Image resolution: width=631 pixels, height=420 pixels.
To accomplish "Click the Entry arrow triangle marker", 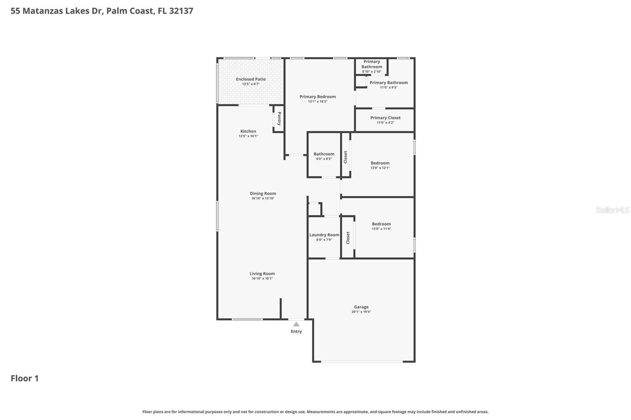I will tap(296, 324).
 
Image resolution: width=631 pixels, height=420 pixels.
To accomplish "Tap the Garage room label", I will tap(361, 307).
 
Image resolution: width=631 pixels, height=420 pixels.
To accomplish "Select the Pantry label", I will tap(279, 119).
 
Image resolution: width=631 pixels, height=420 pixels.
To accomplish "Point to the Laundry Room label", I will tap(324, 235).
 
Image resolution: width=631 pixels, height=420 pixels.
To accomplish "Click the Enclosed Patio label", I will tap(251, 79).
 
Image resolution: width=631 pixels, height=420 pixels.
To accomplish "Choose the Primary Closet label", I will tap(385, 118).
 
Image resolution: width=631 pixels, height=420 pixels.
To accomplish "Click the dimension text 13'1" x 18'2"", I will tap(317, 102).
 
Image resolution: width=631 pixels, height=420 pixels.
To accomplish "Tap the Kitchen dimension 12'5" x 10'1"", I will tap(248, 136).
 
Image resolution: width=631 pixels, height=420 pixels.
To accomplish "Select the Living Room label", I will tap(262, 273).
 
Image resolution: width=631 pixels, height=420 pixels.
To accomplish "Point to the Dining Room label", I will tap(263, 193).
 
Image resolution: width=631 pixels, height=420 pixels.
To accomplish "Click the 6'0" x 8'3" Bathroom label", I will tap(324, 154).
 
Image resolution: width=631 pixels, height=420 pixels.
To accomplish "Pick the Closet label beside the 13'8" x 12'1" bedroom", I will tap(345, 157).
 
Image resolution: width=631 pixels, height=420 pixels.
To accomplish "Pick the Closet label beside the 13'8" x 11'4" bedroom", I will tap(348, 238).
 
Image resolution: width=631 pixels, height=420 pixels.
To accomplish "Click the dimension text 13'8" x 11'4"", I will tap(381, 229).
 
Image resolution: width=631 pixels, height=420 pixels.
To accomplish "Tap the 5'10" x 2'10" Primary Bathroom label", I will tap(372, 64).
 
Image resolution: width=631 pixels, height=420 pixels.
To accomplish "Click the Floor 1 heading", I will tap(24, 378).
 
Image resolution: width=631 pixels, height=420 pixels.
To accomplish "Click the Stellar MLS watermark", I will tap(612, 210).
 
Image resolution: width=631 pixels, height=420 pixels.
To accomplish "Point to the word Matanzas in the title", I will tap(42, 11).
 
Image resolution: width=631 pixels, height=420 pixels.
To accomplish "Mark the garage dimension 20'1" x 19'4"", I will tap(361, 312).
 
